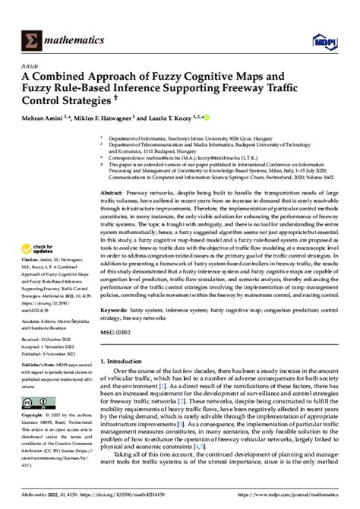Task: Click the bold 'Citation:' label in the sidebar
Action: [32, 258]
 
